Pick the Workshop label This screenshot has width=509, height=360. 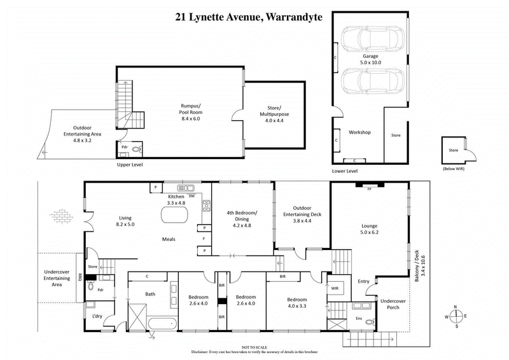pos(359,132)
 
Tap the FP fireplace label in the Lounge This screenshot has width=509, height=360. pos(368,189)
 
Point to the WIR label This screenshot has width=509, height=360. pos(335,288)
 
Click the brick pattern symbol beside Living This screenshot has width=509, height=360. pos(62,216)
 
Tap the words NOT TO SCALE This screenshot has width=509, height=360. pos(254,346)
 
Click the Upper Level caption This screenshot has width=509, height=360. pos(130,165)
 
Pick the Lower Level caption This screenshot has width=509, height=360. pos(345,171)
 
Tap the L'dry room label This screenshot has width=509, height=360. pos(97,316)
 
